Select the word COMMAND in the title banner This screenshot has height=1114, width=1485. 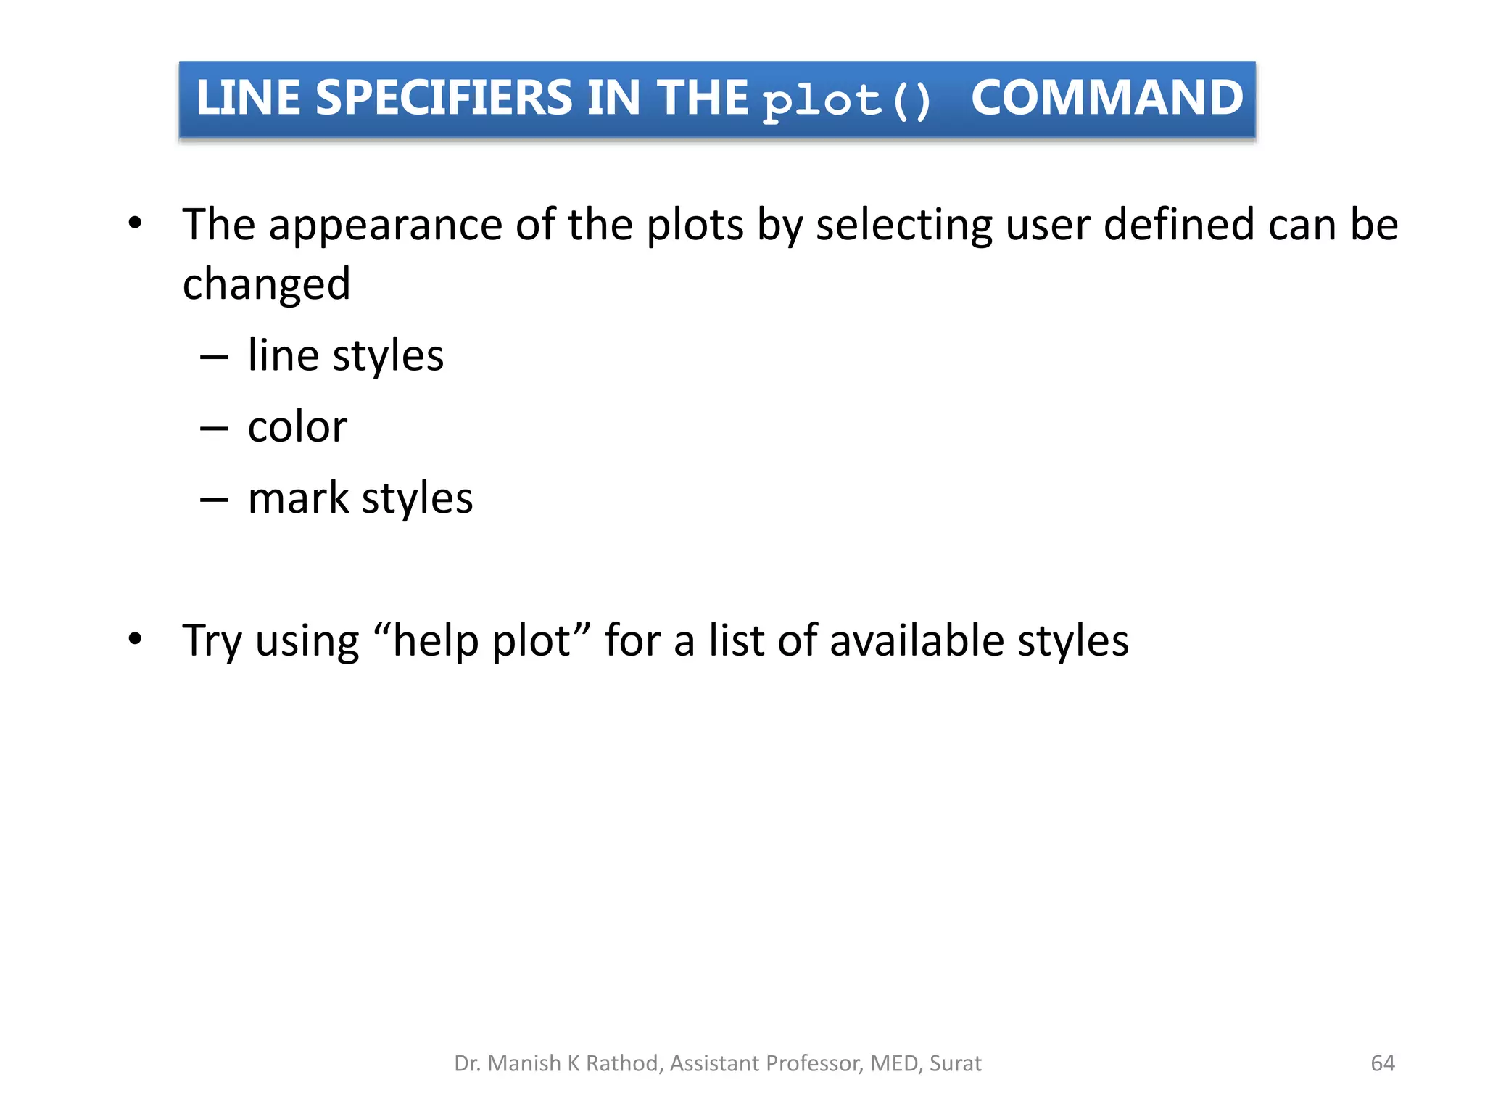1106,98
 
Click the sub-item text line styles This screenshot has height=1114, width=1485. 345,355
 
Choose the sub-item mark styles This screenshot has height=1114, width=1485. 360,498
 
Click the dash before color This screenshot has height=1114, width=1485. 214,429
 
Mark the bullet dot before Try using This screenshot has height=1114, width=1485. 135,639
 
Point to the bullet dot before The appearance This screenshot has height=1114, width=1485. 135,223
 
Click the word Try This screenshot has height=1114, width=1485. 212,640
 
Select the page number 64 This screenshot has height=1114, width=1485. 1383,1063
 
